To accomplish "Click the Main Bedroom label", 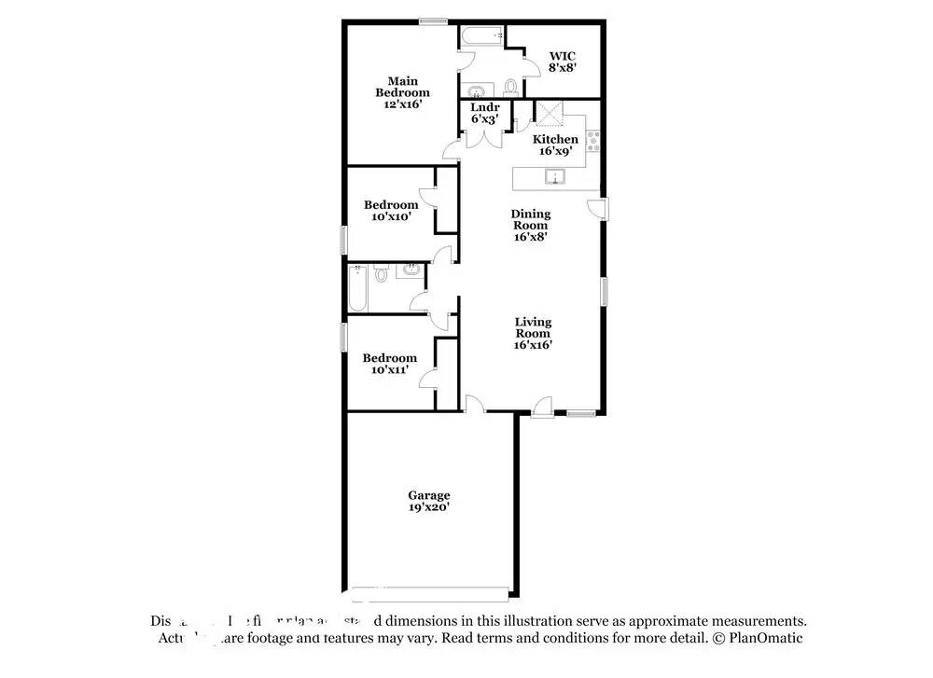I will click(402, 92).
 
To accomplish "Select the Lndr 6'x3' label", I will click(483, 113).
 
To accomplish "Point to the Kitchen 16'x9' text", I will click(555, 145).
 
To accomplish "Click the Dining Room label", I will click(530, 225).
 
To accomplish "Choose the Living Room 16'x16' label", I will click(533, 333).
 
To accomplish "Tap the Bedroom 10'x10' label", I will click(390, 211).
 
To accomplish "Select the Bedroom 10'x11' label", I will click(389, 364).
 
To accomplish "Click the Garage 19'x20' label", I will click(428, 501).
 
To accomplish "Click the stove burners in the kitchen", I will click(593, 145).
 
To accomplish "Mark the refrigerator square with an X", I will click(549, 114).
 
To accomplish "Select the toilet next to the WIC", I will click(510, 88).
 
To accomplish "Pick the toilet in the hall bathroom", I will click(381, 273).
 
